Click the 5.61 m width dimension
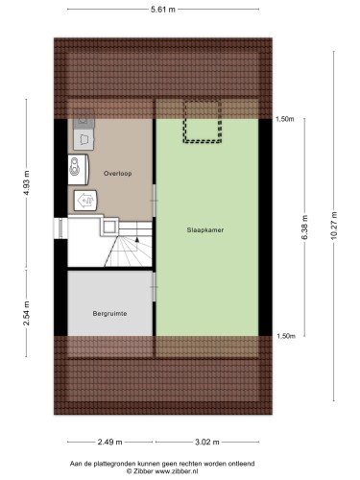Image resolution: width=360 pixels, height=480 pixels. point(163,10)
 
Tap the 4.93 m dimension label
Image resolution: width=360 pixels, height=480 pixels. point(27,183)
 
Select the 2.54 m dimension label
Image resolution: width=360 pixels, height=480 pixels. point(27,313)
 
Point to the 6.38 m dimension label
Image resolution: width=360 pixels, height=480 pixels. point(304,228)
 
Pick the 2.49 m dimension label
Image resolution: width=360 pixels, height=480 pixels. point(109,442)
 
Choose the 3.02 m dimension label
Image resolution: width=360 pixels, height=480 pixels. point(207,442)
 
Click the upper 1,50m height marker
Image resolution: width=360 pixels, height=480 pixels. point(285,119)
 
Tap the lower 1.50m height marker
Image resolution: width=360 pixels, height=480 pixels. point(286,336)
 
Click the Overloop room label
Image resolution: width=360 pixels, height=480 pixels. point(117,174)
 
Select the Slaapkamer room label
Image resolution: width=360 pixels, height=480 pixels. point(205,230)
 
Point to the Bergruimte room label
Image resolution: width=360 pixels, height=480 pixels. point(109,314)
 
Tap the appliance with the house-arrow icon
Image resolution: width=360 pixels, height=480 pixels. point(85,201)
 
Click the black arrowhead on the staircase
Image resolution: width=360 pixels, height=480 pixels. point(137,239)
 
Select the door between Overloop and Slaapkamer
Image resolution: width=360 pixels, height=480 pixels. point(154,201)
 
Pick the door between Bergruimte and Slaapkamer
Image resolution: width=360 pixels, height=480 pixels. point(154,287)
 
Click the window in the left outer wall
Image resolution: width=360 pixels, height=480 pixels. point(60,228)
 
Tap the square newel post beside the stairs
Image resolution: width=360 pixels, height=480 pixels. point(109,227)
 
